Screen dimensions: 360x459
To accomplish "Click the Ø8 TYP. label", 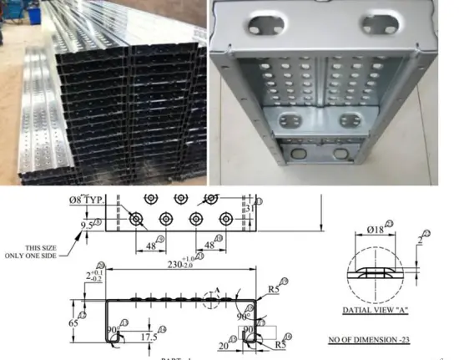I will [90, 200].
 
